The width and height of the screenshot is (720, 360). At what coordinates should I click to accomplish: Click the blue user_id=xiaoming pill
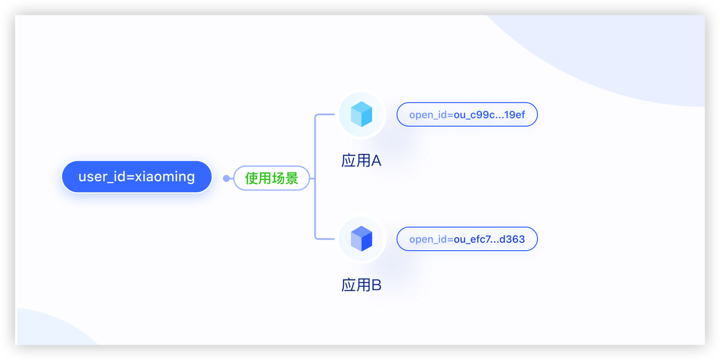(x=137, y=177)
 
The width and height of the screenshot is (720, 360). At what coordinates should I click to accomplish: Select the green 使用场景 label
(x=272, y=178)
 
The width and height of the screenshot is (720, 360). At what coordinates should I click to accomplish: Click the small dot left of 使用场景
(x=226, y=178)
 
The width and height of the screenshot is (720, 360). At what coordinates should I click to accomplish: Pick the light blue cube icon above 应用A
(x=362, y=115)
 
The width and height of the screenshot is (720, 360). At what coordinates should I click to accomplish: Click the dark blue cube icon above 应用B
(x=362, y=239)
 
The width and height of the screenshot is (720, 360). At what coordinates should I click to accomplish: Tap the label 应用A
(x=361, y=161)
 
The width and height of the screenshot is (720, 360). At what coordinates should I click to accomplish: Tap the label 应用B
(x=361, y=285)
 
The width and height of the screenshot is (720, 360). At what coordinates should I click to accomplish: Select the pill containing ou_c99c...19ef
(x=467, y=115)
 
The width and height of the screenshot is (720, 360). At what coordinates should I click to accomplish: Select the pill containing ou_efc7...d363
(x=467, y=239)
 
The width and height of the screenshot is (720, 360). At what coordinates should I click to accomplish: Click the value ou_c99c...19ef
(x=489, y=115)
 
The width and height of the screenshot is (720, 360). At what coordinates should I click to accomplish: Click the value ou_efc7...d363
(x=489, y=239)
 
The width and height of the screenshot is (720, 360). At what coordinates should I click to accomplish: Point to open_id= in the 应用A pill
(x=431, y=115)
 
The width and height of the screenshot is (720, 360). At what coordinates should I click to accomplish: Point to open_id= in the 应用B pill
(x=431, y=239)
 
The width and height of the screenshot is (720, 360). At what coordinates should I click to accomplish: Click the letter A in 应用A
(x=376, y=161)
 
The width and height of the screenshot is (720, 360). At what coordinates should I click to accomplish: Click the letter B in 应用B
(x=376, y=285)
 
